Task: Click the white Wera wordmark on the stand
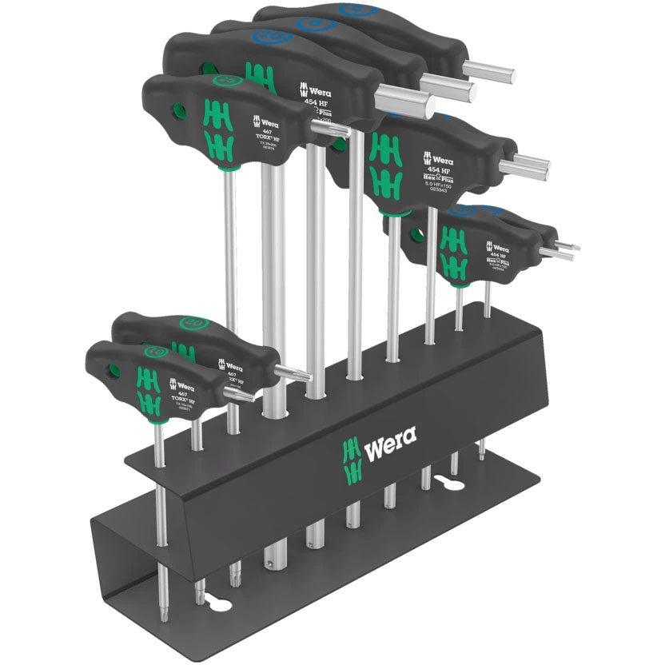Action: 391,443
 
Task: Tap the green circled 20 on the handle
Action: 193,322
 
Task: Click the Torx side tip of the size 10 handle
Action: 239,397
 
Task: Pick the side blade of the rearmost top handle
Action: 489,74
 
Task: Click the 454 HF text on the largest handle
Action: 317,102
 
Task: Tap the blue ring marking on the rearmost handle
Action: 353,10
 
